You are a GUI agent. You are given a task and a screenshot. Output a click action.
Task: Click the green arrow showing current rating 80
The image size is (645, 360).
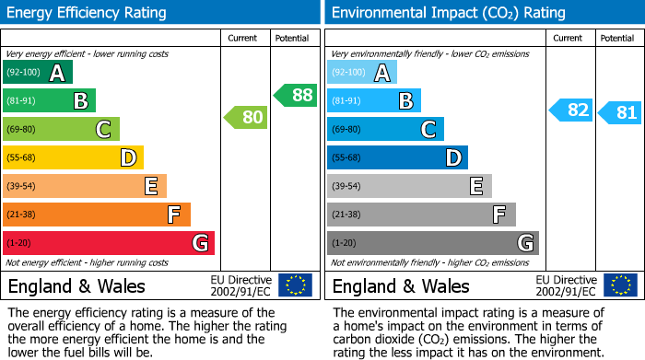point(245,117)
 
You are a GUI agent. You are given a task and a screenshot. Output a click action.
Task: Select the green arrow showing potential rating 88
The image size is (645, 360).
point(295,95)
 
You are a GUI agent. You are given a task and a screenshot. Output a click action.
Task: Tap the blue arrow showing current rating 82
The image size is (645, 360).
point(569,110)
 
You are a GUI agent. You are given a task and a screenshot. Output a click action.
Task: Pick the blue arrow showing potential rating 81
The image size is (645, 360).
point(619,113)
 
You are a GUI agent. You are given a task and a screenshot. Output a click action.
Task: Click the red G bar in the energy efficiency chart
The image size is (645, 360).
point(109,243)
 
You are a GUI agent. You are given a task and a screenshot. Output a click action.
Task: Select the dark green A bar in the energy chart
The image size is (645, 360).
point(37,73)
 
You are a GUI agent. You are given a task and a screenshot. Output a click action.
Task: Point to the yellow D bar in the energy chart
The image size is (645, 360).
point(73,157)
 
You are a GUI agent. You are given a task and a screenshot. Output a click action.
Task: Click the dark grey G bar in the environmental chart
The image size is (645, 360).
point(432,243)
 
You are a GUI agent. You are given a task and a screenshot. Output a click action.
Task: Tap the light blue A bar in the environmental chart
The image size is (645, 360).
point(362,73)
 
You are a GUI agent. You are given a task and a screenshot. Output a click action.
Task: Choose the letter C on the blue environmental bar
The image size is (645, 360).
point(428,130)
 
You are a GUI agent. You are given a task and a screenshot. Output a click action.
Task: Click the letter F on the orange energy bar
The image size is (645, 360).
point(173,215)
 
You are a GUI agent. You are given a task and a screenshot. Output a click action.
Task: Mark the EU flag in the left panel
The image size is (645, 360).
point(295,285)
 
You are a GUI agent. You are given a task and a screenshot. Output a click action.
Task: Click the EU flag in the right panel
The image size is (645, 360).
point(619,285)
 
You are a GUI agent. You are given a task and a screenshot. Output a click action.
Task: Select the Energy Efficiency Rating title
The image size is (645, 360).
point(88,13)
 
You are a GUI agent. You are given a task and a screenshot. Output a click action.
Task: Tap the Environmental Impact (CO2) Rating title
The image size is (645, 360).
point(448,13)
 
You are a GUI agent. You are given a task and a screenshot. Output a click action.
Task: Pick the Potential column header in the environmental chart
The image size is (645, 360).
point(617,38)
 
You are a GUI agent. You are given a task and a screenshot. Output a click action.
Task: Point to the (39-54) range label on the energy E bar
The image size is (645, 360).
point(20,187)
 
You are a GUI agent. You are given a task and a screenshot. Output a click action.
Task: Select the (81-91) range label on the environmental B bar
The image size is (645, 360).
point(346,101)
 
